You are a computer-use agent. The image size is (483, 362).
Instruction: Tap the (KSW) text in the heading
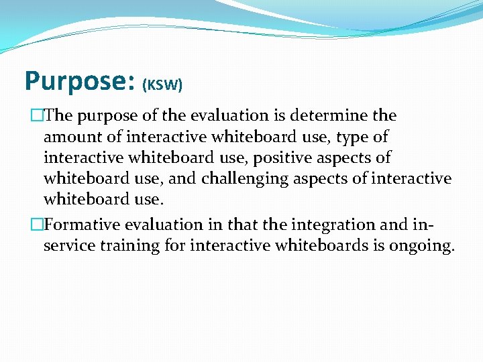pos(162,85)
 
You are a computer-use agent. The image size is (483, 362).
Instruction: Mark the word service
pos(70,245)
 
